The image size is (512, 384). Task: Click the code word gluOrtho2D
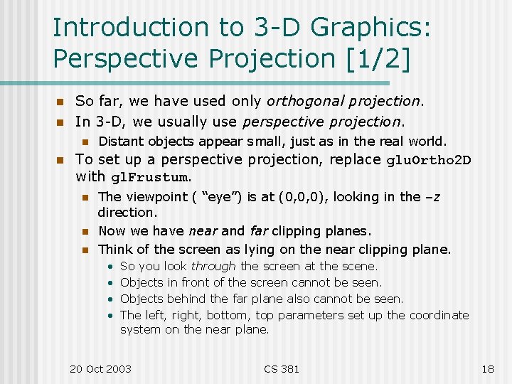pos(428,160)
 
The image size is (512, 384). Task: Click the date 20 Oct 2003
pos(100,368)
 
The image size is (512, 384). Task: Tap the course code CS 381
pos(282,368)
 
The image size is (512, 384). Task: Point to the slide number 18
pos(487,368)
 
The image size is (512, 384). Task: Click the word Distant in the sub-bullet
pos(120,141)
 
